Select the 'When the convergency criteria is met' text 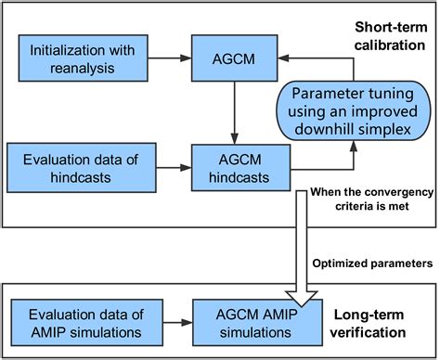[x=373, y=200]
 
